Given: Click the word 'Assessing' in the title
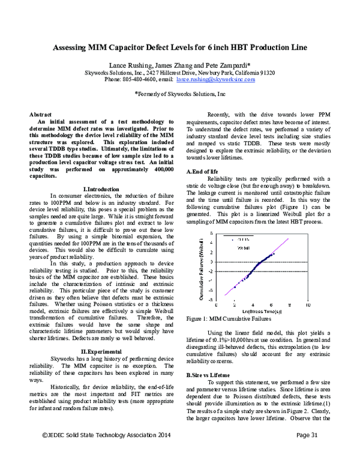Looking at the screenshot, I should click(75, 47).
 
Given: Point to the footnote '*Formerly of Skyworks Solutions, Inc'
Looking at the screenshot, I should click(180, 95).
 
